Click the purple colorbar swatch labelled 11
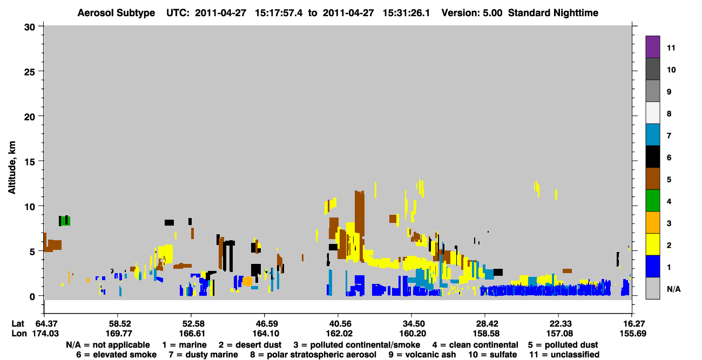[x=652, y=46]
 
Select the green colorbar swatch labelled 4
[x=652, y=201]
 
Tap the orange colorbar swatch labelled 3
[x=652, y=222]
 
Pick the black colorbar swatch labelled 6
[x=652, y=157]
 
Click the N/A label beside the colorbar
[x=673, y=289]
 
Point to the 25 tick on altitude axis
[x=30, y=72]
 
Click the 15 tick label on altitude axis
[x=30, y=162]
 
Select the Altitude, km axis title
[x=11, y=168]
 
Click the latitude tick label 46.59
[x=265, y=324]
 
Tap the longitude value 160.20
[x=412, y=334]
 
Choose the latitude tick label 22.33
[x=559, y=324]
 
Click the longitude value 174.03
[x=45, y=334]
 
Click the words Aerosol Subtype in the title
[x=116, y=13]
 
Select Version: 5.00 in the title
[x=472, y=13]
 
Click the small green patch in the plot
[x=66, y=221]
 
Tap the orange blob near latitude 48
[x=247, y=281]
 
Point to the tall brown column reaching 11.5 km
[x=360, y=226]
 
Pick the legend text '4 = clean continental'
[x=475, y=345]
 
